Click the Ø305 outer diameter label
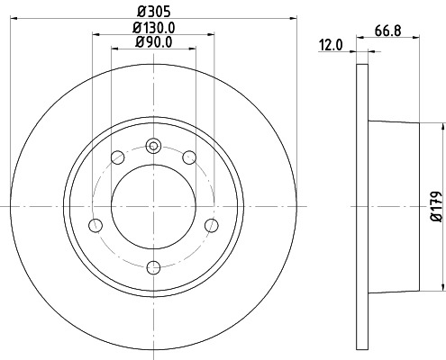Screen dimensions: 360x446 point(154,10)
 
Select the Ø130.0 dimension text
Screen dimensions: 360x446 point(154,28)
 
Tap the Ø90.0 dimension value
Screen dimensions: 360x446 point(154,42)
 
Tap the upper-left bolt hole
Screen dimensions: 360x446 point(117,158)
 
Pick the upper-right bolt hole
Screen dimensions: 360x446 point(189,158)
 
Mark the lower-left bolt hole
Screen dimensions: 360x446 point(96,225)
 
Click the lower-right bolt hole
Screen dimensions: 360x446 point(212,225)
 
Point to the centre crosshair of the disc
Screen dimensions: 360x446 point(154,206)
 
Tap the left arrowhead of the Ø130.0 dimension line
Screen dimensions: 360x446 point(96,35)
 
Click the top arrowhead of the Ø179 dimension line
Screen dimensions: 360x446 point(442,125)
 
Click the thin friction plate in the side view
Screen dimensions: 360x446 point(363,206)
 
